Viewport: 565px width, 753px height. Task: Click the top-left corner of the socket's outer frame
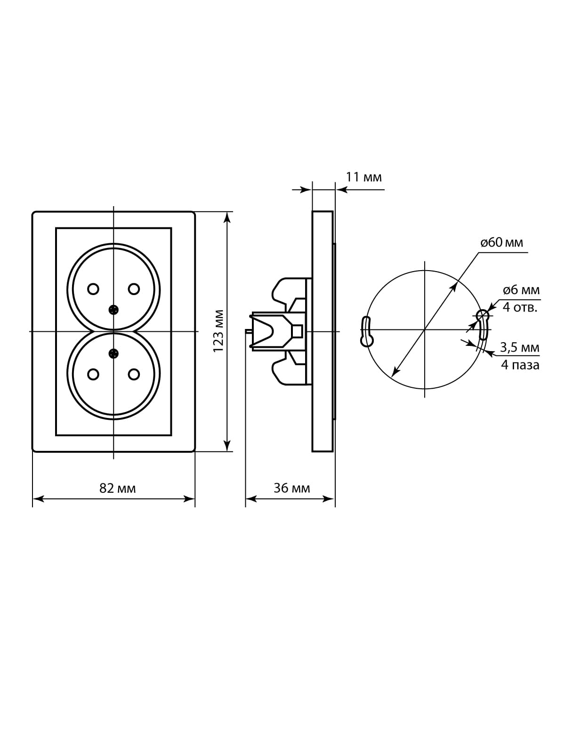(32, 212)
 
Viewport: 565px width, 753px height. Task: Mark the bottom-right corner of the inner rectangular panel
(171, 436)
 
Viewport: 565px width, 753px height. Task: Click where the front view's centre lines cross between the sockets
(113, 331)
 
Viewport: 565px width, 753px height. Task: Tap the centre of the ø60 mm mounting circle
(425, 330)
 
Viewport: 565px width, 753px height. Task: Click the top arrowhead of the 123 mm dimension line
(227, 217)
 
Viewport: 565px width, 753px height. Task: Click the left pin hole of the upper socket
(93, 289)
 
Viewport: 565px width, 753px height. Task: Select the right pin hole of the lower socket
(134, 374)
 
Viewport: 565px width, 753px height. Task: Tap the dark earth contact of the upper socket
(113, 310)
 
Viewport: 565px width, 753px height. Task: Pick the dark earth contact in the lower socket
(113, 353)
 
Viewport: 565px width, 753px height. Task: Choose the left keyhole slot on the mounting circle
(366, 331)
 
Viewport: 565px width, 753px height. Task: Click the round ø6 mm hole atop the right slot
(482, 314)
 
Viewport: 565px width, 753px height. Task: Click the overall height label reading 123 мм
(218, 331)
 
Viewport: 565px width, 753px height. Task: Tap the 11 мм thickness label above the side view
(363, 177)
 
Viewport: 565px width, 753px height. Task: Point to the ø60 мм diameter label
(502, 242)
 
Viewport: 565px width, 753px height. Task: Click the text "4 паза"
(520, 365)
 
